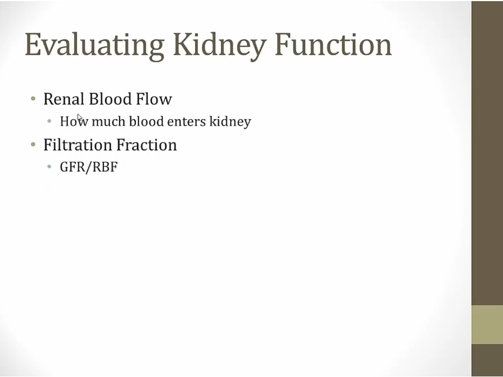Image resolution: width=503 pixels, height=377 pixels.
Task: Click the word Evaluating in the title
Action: [x=94, y=45]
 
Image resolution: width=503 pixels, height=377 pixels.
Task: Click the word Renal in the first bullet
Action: [x=63, y=99]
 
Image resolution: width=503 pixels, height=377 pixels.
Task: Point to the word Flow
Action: [x=154, y=99]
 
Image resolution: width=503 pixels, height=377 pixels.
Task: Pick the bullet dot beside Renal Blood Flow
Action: [x=33, y=99]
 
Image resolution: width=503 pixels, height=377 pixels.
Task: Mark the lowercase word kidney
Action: [x=230, y=122]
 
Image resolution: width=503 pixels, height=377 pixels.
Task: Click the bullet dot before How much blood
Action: [x=50, y=121]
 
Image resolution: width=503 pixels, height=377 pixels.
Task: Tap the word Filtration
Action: [x=77, y=145]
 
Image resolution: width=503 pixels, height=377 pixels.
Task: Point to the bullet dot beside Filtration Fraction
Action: [x=33, y=145]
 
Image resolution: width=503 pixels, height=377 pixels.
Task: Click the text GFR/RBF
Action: [x=88, y=167]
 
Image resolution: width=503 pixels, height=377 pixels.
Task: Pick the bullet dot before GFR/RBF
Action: [x=50, y=167]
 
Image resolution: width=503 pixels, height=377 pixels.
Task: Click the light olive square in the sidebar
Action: [x=487, y=324]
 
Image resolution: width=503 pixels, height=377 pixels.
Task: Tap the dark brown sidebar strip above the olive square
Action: [x=487, y=151]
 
